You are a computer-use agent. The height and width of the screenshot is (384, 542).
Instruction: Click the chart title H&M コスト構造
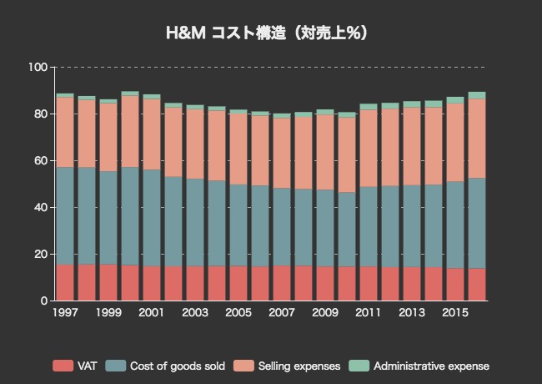pyautogui.click(x=268, y=33)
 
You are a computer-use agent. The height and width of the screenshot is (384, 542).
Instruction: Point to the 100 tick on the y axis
pyautogui.click(x=38, y=67)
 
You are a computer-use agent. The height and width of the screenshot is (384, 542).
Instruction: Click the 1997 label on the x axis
pyautogui.click(x=65, y=313)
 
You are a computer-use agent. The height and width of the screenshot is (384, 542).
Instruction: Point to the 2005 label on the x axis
pyautogui.click(x=238, y=313)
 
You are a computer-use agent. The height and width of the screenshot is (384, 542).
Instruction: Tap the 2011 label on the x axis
pyautogui.click(x=369, y=313)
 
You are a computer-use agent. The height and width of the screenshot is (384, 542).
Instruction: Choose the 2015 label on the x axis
pyautogui.click(x=455, y=313)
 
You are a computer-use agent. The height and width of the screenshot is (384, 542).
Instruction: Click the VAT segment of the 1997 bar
pyautogui.click(x=65, y=282)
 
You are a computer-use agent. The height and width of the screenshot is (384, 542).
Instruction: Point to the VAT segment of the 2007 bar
pyautogui.click(x=282, y=283)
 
